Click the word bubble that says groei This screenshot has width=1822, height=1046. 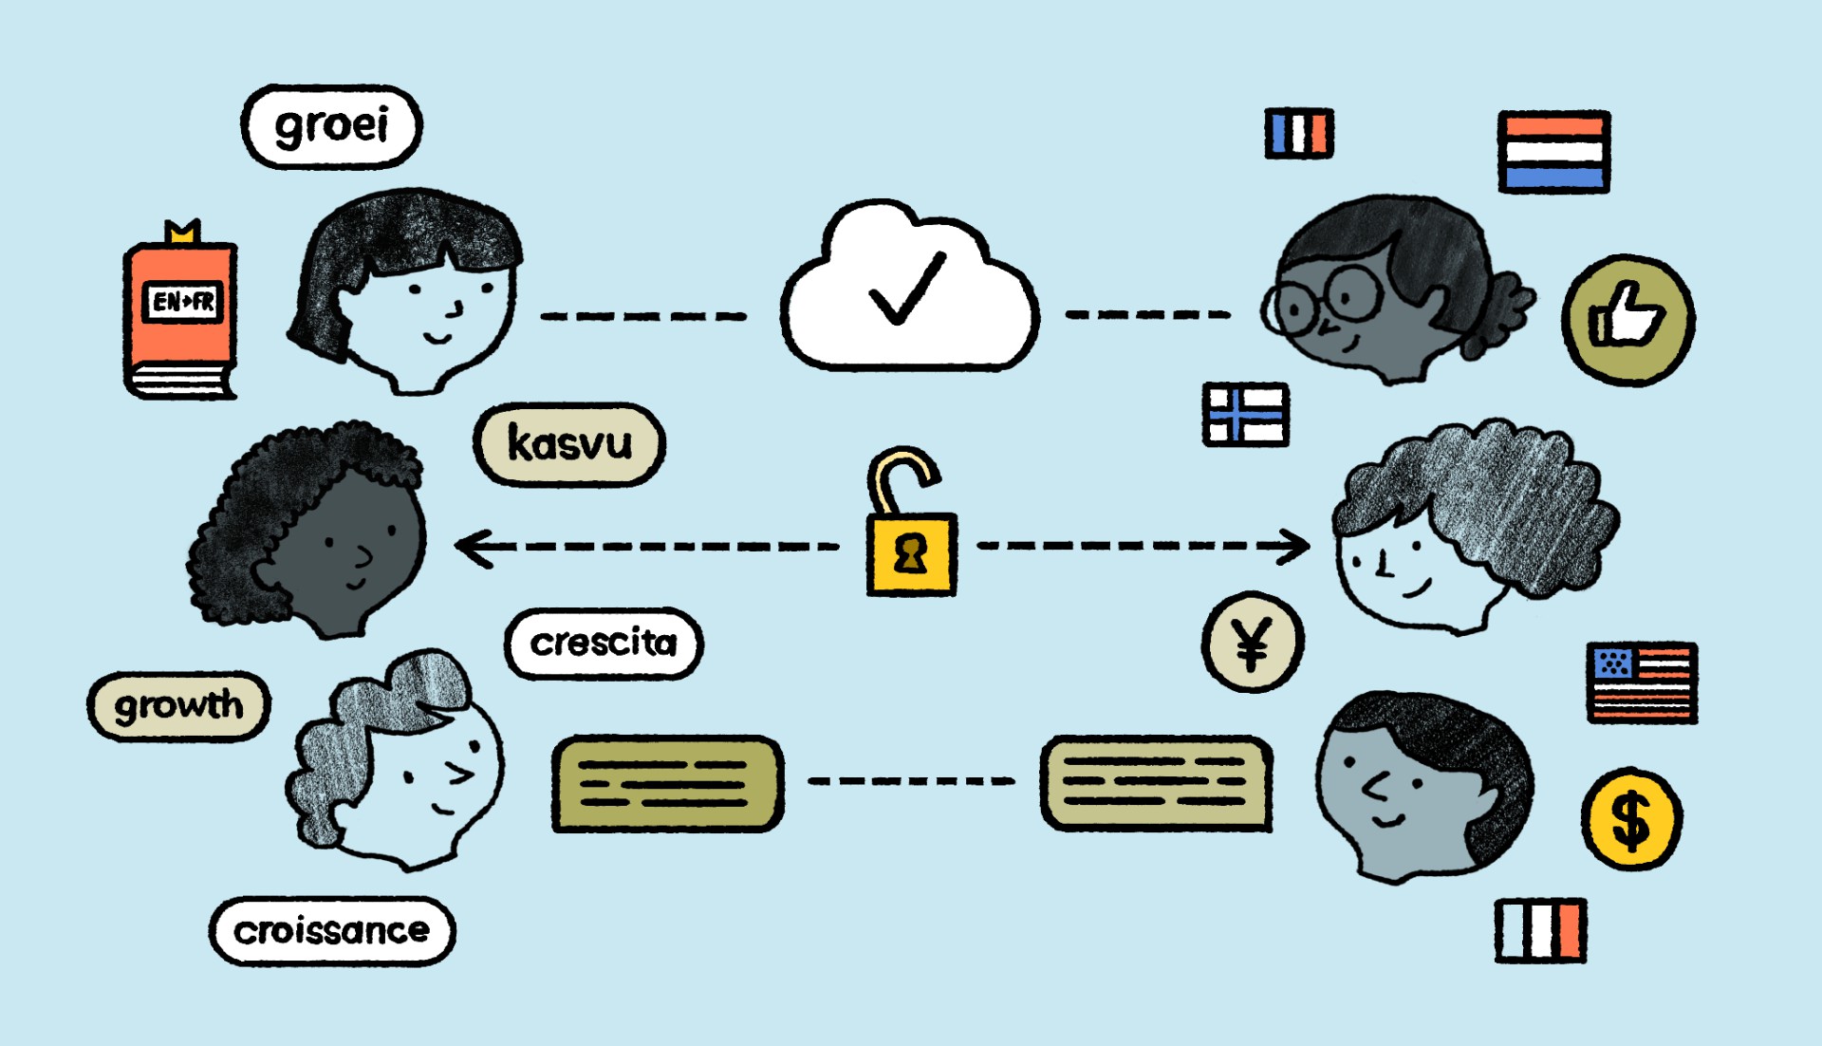[331, 126]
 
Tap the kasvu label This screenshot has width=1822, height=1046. [569, 444]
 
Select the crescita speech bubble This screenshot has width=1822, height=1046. [604, 644]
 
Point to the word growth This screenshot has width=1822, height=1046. [178, 705]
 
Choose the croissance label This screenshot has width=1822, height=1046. [332, 931]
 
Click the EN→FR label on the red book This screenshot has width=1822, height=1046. [183, 302]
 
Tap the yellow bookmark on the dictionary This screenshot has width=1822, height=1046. [182, 232]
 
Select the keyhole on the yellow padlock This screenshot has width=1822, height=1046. [912, 553]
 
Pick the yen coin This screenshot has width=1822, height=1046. [1253, 643]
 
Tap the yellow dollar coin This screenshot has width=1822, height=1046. [1631, 818]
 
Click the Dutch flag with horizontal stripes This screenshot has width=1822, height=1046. [1554, 152]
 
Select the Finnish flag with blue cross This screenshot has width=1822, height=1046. [1246, 415]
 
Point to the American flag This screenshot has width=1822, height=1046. [1643, 682]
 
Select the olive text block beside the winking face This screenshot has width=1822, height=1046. [668, 784]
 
